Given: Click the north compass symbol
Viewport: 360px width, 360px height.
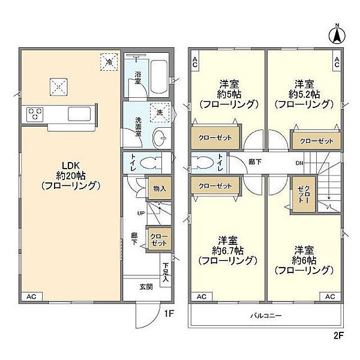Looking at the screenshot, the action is point(337,35).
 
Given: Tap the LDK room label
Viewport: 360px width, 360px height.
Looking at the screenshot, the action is point(71,165).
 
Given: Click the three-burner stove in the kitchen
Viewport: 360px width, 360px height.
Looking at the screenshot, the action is point(35,114).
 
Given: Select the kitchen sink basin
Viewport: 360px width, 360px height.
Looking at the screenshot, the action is point(79,114).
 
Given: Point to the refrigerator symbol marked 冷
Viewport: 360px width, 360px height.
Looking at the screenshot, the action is point(109,62).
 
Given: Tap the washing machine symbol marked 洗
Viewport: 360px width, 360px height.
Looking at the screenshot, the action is point(160,113).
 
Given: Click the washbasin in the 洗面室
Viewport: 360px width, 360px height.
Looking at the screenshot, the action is point(160,138).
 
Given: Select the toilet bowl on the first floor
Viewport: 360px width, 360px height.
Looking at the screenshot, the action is point(150,163).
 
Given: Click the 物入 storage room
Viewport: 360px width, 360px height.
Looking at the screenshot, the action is point(160,188).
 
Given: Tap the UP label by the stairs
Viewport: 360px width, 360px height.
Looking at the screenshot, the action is point(141,213).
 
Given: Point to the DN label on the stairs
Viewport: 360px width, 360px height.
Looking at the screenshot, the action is point(299,163).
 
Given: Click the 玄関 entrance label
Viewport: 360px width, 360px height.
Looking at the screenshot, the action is point(146,287).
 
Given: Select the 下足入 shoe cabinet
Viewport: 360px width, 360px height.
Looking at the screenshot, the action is point(166,270).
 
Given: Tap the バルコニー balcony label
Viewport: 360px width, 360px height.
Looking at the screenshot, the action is point(266,316).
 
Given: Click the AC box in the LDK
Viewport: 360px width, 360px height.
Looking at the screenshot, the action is point(32,296).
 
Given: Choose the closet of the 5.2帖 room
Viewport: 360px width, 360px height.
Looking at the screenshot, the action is point(316,140).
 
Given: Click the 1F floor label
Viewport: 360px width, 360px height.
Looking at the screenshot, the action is point(169,314).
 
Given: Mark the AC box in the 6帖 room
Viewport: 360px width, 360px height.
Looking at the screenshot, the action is point(330,296).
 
